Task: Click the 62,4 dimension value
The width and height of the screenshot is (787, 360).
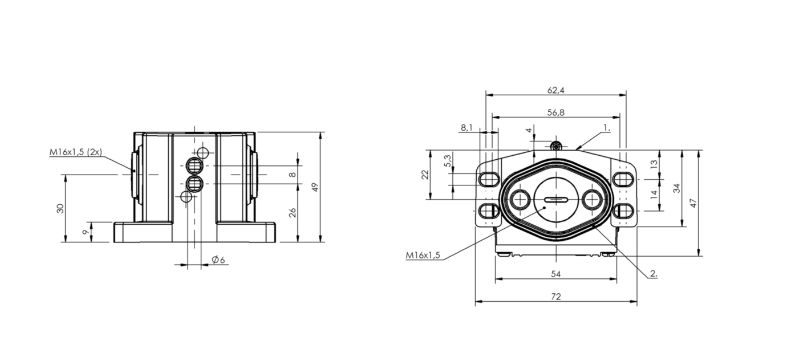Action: click(x=556, y=90)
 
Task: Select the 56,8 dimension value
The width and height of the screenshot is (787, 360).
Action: click(x=556, y=112)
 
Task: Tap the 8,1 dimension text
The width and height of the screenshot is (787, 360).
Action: click(x=466, y=128)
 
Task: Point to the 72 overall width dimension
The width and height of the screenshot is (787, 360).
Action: click(x=556, y=297)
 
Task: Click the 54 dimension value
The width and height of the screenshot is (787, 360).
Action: click(x=556, y=274)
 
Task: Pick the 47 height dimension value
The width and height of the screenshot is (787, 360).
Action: click(x=693, y=203)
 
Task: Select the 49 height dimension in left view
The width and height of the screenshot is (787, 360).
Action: click(x=315, y=187)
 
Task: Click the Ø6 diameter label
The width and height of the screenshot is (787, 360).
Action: click(x=218, y=260)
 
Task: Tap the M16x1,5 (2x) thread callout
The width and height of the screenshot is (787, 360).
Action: click(x=75, y=152)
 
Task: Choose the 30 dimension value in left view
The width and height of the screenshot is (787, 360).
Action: click(x=60, y=208)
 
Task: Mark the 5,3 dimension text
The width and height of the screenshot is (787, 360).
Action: click(x=447, y=161)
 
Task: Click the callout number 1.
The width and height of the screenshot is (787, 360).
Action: click(x=607, y=128)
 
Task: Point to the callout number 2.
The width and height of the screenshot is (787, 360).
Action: click(x=654, y=273)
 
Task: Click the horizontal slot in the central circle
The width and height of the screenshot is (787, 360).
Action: click(x=556, y=200)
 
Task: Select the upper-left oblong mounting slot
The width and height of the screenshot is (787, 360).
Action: click(x=489, y=179)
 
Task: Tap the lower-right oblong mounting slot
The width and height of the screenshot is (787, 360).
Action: click(x=623, y=211)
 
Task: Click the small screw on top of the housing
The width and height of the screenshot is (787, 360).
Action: click(x=555, y=145)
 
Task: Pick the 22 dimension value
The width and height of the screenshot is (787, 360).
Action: click(x=425, y=175)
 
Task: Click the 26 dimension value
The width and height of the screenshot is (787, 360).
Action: click(x=293, y=213)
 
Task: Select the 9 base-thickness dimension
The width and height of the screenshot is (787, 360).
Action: click(x=84, y=232)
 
